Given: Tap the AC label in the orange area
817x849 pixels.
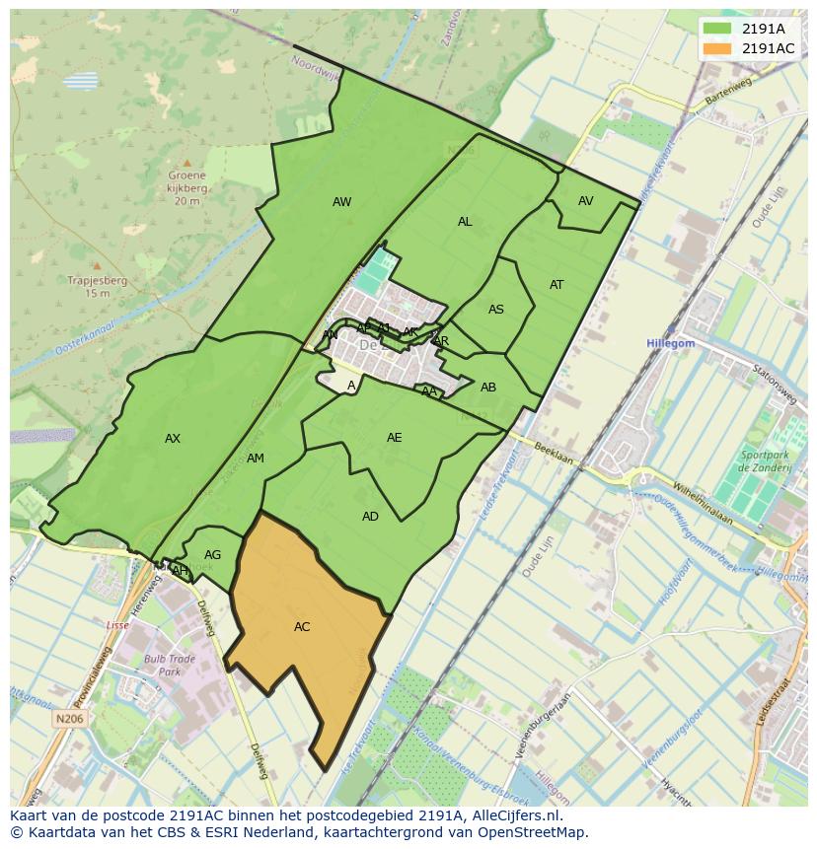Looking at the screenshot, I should point(302,627).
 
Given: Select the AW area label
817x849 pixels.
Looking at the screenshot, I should point(341,202).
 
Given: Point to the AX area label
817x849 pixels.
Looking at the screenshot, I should point(173,439).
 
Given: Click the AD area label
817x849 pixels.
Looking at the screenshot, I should point(370,517).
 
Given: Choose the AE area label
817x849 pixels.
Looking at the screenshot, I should point(394,438).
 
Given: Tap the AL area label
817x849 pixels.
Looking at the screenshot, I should point(465,222).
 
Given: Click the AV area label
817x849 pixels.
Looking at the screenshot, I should point(586,201).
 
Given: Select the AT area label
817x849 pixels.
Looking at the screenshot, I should point(557,285).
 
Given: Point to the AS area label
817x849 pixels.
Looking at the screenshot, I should point(496,310).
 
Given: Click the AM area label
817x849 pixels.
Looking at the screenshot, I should point(256,459).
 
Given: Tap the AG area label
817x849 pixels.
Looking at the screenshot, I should point(212,555).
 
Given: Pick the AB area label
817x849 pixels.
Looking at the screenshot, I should point(488,388).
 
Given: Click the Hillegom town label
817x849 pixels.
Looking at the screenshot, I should point(671,343).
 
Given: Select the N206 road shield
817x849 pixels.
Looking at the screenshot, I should point(69,720).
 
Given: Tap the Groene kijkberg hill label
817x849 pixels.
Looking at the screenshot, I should point(187,188).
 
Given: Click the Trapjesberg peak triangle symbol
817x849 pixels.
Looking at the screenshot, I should point(97,265).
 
